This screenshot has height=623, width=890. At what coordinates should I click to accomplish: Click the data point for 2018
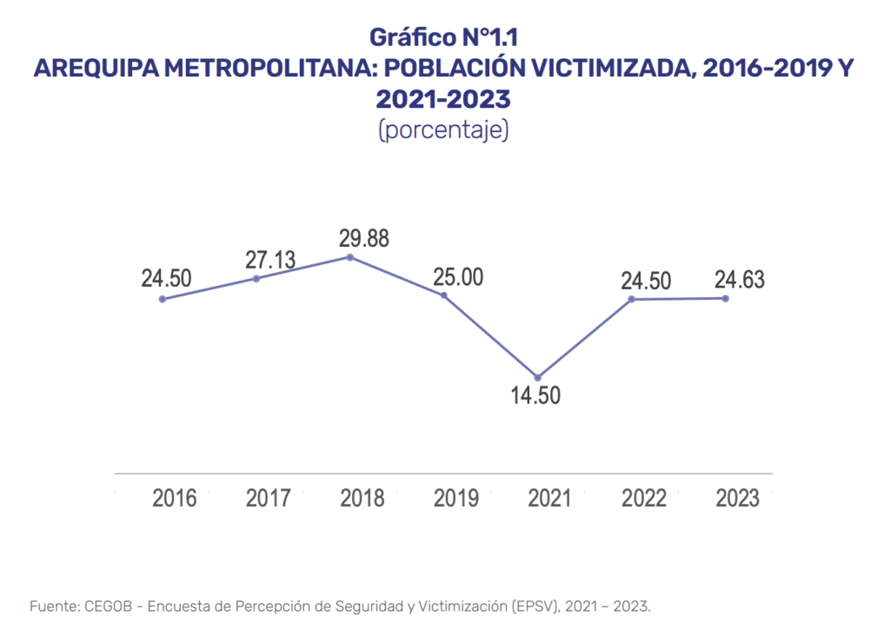click(349, 257)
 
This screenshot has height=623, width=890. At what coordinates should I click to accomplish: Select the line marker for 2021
click(538, 377)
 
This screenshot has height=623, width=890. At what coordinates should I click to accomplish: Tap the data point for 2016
click(163, 299)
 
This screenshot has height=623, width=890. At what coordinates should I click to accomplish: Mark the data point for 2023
click(726, 298)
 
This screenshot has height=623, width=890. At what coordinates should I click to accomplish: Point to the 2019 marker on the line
click(444, 295)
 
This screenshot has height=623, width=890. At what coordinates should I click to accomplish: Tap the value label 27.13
click(269, 259)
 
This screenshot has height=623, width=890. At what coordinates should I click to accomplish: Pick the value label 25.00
click(458, 278)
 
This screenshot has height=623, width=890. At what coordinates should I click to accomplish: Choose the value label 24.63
click(740, 279)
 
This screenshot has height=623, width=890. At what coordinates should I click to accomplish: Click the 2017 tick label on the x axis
click(269, 499)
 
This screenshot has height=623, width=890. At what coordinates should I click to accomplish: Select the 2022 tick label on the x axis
click(644, 499)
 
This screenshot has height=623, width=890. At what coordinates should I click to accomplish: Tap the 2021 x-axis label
click(550, 499)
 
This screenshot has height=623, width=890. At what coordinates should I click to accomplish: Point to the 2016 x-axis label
click(175, 499)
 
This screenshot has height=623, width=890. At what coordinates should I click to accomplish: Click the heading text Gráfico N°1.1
click(444, 37)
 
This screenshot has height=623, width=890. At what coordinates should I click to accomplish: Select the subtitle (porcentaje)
click(444, 130)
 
